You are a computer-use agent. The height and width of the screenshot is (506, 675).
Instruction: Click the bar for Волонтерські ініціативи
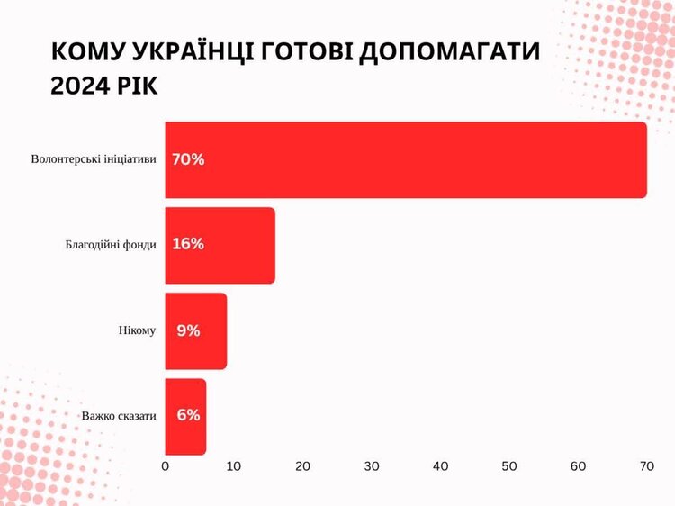coord(405,159)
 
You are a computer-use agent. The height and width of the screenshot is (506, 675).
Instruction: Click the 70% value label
coord(188,159)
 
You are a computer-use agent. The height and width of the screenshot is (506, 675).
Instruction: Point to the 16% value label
coord(188,245)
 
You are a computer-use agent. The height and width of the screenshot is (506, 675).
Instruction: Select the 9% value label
coord(188,330)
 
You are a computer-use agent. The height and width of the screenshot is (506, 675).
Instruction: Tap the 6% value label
coord(188,416)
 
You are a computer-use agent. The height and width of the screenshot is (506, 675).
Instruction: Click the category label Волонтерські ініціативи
coord(94,159)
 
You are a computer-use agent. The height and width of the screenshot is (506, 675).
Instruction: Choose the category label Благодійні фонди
coord(111,245)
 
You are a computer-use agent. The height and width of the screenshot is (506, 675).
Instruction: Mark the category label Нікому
coord(137,330)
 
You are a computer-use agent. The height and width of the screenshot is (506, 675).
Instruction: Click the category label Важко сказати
coord(119,416)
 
